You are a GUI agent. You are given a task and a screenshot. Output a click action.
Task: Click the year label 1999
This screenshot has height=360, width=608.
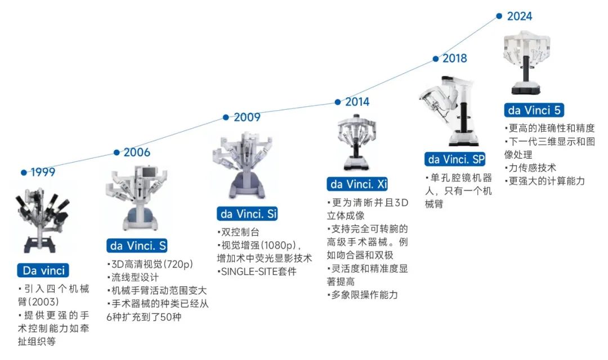pyautogui.click(x=43, y=172)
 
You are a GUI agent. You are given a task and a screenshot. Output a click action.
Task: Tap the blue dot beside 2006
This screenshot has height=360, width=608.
pyautogui.click(x=117, y=152)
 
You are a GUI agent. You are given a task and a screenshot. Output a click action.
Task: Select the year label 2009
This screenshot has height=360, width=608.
pyautogui.click(x=247, y=117)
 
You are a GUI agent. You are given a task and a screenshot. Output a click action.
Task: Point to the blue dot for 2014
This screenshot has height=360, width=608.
pyautogui.click(x=338, y=102)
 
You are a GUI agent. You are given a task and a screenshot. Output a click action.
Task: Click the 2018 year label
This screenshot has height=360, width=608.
pyautogui.click(x=455, y=58)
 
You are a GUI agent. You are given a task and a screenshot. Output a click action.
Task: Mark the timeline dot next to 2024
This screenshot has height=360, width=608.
pyautogui.click(x=499, y=16)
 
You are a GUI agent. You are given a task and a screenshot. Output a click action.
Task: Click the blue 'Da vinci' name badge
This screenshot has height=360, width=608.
pyautogui.click(x=43, y=270)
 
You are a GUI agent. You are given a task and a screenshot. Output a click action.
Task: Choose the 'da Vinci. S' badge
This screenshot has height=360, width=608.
pyautogui.click(x=137, y=246)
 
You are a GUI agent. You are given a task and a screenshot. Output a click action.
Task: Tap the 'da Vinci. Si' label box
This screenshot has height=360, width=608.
pyautogui.click(x=247, y=214)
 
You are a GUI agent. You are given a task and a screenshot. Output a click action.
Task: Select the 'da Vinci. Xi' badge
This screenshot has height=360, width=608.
pyautogui.click(x=357, y=184)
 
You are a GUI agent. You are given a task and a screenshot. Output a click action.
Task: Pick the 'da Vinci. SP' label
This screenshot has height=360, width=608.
pyautogui.click(x=455, y=159)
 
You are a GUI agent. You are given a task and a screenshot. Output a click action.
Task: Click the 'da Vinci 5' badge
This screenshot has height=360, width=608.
pyautogui.click(x=534, y=110)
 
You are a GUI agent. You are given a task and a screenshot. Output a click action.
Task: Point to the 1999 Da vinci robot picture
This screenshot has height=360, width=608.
pyautogui.click(x=42, y=220)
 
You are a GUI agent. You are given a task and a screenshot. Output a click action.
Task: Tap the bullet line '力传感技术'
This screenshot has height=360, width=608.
pyautogui.click(x=530, y=168)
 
